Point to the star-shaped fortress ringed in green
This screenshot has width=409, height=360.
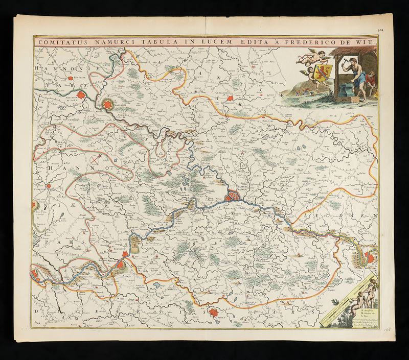108,105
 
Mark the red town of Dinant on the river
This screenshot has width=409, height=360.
121,263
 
